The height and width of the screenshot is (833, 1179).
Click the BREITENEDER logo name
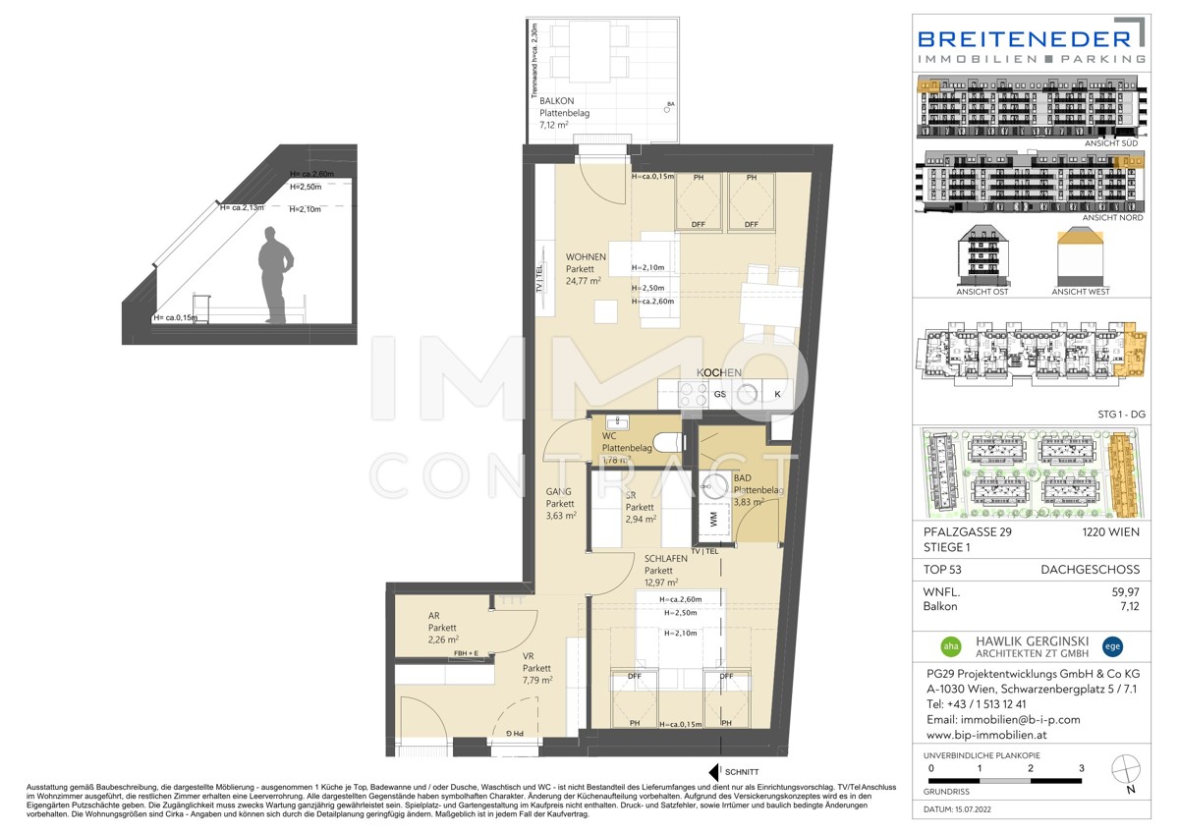(1023, 38)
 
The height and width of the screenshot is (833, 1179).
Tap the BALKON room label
(556, 101)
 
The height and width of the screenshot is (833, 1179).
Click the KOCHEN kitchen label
(719, 373)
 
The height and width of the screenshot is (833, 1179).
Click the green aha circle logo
(951, 646)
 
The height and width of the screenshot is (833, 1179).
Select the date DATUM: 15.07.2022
(966, 809)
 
